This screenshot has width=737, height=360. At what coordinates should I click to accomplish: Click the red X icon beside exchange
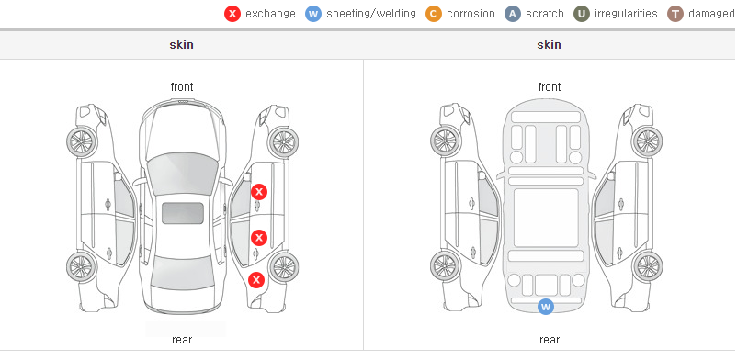[x=232, y=14]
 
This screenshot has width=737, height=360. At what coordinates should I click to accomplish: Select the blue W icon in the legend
[x=313, y=14]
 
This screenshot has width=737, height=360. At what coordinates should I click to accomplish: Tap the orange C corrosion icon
[x=434, y=14]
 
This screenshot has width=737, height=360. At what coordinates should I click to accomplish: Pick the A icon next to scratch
[x=513, y=14]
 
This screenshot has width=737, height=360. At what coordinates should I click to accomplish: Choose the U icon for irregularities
[x=582, y=14]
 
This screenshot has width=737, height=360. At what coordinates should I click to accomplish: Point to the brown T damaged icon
[x=675, y=14]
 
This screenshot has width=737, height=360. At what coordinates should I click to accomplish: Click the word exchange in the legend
[x=270, y=14]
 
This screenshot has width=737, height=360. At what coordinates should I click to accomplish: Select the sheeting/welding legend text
[x=371, y=14]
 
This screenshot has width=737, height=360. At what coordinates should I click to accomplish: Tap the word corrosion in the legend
[x=471, y=14]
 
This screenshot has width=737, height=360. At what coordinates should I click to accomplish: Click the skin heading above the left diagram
[x=181, y=45]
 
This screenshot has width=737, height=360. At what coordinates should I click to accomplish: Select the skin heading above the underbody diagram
[x=549, y=45]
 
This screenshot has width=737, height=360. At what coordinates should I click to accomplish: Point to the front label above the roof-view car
[x=182, y=87]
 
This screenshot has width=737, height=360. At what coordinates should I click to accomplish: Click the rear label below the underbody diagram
[x=550, y=340]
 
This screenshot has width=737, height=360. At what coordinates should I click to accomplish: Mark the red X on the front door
[x=259, y=192]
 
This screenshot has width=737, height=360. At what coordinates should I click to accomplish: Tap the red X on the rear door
[x=258, y=238]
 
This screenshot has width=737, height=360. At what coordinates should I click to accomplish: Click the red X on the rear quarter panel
[x=256, y=281]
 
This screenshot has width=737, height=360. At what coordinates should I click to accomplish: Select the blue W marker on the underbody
[x=546, y=307]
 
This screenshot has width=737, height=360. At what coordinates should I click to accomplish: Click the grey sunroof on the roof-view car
[x=183, y=213]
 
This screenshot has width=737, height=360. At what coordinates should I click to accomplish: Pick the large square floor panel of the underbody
[x=546, y=218]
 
